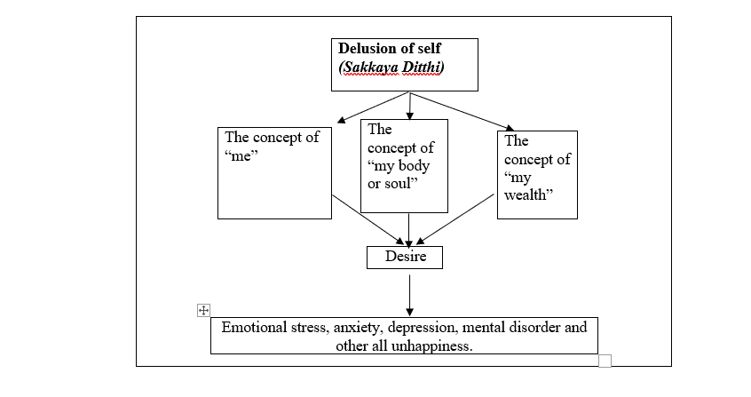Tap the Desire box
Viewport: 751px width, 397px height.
pyautogui.click(x=404, y=257)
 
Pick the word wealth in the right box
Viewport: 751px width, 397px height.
pyautogui.click(x=528, y=195)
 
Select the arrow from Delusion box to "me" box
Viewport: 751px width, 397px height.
pyautogui.click(x=373, y=106)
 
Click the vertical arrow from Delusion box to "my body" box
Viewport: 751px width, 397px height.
pyautogui.click(x=409, y=104)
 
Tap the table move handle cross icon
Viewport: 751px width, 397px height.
pyautogui.click(x=203, y=309)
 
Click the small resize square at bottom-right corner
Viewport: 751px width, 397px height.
pyautogui.click(x=605, y=360)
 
